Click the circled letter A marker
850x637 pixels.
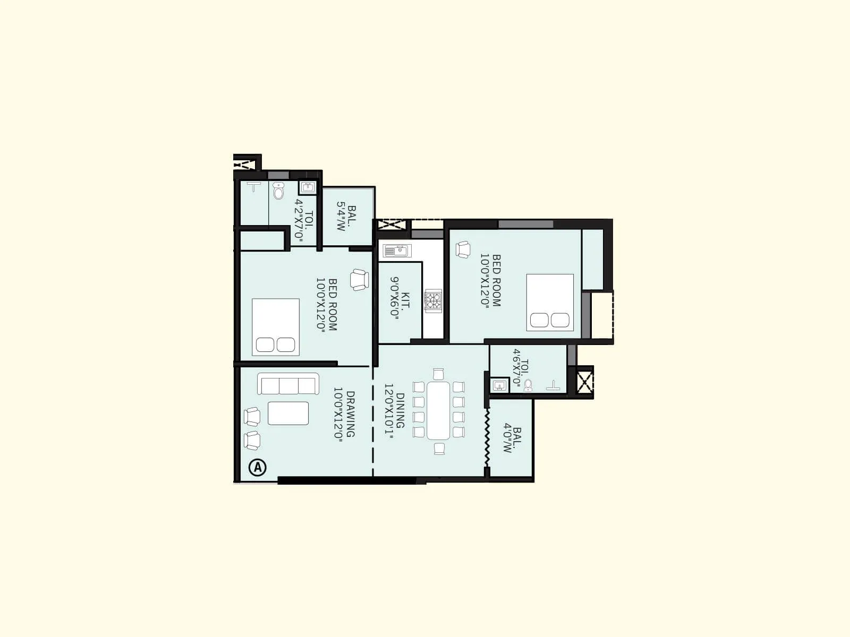pos(258,467)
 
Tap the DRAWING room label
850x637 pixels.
pos(344,414)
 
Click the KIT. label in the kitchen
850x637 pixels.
pos(399,297)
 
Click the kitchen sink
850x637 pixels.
pos(395,251)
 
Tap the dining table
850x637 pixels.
pos(438,410)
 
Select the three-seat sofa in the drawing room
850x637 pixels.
pos(288,384)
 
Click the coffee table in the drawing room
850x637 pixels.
pos(288,413)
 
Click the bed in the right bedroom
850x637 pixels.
pos(550,303)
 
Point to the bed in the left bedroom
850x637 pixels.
pos(275,327)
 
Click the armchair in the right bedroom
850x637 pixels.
pos(463,249)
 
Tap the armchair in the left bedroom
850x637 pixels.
pos(360,279)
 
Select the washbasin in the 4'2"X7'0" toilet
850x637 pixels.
pos(308,187)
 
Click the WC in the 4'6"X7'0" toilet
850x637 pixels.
pos(528,385)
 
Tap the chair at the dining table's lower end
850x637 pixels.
pos(439,449)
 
